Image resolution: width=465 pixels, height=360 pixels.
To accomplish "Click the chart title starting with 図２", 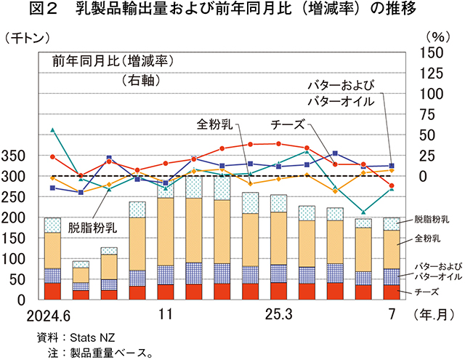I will click(x=232, y=10).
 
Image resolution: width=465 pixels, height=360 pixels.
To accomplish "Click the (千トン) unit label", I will click(x=26, y=38).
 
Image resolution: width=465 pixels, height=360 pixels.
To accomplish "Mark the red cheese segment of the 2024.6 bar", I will click(x=52, y=290).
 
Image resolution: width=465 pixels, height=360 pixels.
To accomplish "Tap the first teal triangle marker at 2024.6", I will click(x=52, y=130).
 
